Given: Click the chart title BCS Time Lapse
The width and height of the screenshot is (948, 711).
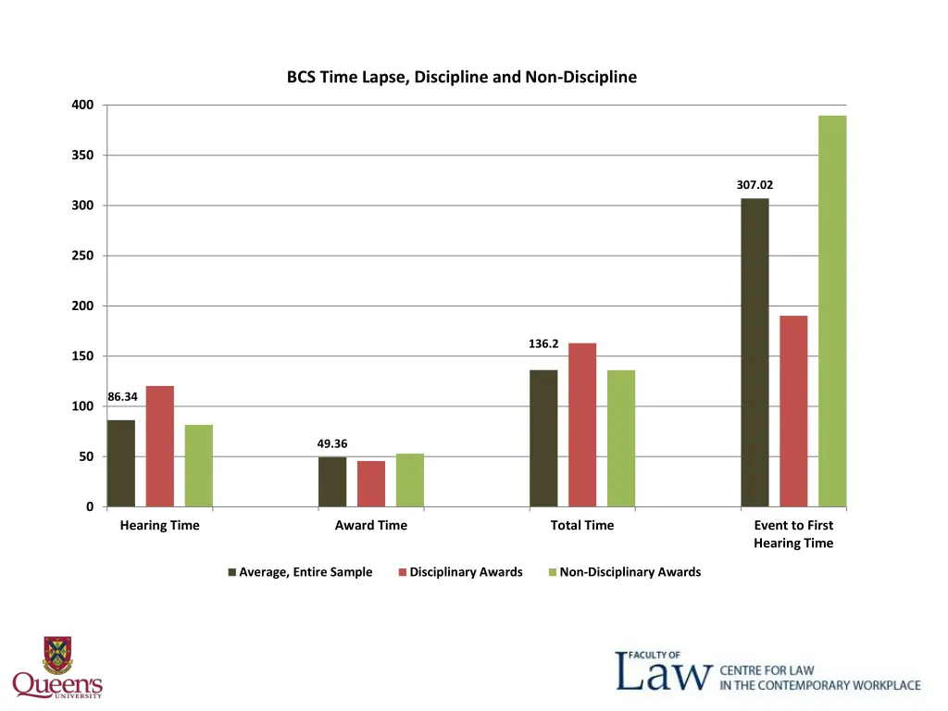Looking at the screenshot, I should coord(461,77).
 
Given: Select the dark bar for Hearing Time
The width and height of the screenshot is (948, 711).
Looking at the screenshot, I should coord(121,463).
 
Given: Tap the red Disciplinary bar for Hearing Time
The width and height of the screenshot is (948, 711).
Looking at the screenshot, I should coord(160,446).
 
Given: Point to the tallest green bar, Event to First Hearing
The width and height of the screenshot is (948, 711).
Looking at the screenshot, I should coord(832,311).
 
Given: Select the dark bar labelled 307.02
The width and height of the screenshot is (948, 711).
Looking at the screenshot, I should coord(755,352).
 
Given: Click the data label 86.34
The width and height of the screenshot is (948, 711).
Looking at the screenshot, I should coord(122,397).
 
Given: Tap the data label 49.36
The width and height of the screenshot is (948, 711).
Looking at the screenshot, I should coord(332,444).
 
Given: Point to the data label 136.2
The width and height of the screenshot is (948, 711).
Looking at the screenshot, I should coord(543,343).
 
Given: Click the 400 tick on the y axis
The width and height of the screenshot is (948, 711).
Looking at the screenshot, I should coord(82,105).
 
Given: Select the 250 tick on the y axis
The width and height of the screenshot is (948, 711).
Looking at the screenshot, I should coord(82,256).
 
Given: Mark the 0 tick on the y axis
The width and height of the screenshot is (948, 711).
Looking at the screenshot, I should coord(89,506).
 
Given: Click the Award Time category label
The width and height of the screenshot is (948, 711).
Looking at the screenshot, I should coord(370,525).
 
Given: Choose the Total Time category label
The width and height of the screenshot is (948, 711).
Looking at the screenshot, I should coord(581,525).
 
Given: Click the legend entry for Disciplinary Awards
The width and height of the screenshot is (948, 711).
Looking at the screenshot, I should coord(466,572).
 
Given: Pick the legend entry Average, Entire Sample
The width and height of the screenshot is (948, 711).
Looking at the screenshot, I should coord(306,572).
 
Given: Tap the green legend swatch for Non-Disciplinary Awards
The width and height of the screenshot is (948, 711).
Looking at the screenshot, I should coord(553,572).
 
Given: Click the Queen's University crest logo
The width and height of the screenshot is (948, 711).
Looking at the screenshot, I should coord(57,655).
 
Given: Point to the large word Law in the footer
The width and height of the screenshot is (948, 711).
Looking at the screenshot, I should coord(665,673).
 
